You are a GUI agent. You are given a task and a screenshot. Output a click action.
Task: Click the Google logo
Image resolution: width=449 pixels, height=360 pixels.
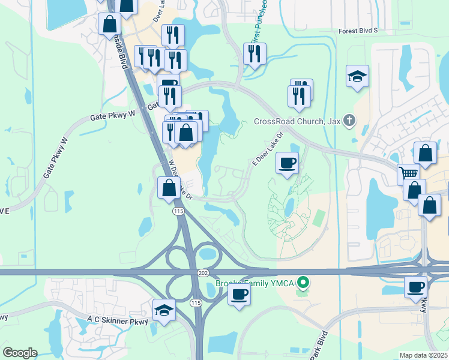[x=20, y=353]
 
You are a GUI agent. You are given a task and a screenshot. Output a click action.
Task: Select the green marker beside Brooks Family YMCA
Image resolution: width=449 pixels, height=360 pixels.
[x=304, y=281]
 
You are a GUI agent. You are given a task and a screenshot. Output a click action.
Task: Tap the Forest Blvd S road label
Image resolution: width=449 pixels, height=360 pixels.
[x=358, y=30]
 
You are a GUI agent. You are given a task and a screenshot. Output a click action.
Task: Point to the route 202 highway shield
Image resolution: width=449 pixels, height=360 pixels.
[x=202, y=273]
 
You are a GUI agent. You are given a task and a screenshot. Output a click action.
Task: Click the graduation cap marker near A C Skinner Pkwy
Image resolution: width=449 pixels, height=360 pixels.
[x=164, y=310]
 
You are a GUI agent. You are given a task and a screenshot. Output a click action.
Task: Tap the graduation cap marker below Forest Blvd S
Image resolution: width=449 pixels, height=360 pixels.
[x=357, y=76]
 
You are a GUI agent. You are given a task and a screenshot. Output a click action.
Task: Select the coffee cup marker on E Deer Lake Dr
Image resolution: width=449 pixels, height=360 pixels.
[x=288, y=162]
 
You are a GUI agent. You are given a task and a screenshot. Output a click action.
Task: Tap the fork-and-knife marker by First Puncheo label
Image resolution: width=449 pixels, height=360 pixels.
[x=255, y=54]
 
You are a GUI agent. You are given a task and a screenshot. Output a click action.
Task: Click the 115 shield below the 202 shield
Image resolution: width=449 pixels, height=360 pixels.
[x=196, y=304]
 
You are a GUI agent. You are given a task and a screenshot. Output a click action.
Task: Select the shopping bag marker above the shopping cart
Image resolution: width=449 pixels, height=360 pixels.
[x=425, y=154]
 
